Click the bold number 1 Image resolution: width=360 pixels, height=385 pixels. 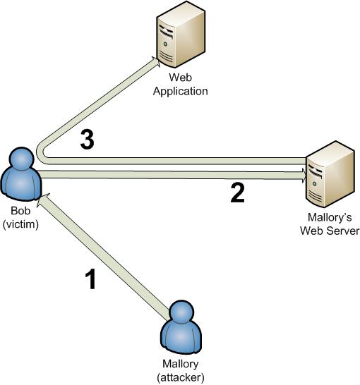(x=90, y=280)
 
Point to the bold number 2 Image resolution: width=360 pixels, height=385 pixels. (x=238, y=192)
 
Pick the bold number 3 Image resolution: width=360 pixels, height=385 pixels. (x=87, y=140)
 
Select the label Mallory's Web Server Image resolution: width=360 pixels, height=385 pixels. (x=329, y=225)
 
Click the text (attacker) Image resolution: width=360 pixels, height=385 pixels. (x=181, y=377)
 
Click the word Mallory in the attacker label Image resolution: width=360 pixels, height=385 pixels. (x=181, y=366)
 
